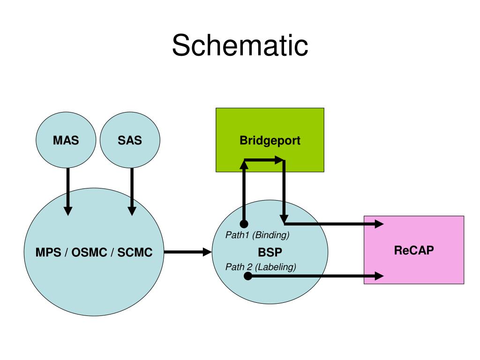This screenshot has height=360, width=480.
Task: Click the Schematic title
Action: tap(240, 45)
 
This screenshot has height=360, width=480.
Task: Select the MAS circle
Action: tap(66, 140)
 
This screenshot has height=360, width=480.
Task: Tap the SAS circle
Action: tap(130, 140)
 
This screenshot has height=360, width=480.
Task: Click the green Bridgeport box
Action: tap(270, 140)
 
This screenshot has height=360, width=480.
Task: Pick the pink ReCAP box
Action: tap(414, 250)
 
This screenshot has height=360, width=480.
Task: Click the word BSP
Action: tap(270, 252)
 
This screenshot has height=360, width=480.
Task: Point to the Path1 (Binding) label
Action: tap(257, 235)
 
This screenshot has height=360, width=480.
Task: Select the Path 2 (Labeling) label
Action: tap(261, 267)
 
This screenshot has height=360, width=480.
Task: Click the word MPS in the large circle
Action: tap(48, 252)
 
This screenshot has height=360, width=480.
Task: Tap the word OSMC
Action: tap(89, 252)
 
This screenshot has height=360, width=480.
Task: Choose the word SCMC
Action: tap(135, 252)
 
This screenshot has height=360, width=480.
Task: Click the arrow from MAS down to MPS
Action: tap(68, 192)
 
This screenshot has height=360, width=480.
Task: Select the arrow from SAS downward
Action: tap(132, 192)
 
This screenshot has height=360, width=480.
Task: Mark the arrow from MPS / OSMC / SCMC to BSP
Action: tap(187, 252)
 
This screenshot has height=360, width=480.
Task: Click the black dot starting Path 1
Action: tap(244, 224)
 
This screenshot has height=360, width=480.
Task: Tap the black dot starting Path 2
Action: tap(248, 276)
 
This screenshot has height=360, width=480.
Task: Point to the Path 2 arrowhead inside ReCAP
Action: tap(379, 276)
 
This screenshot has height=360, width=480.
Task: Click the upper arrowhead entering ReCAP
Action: tap(379, 224)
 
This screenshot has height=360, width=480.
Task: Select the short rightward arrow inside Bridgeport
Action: tap(264, 160)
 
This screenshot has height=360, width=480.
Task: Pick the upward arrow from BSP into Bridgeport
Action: tap(244, 192)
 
